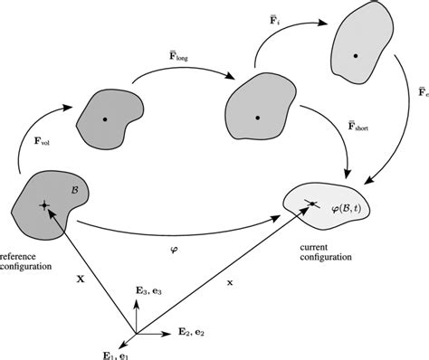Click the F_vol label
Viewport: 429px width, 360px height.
coord(31,142)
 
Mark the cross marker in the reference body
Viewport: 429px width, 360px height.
coord(43,207)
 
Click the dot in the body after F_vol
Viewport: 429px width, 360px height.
coord(106,118)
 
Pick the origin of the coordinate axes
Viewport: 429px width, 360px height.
coord(136,334)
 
